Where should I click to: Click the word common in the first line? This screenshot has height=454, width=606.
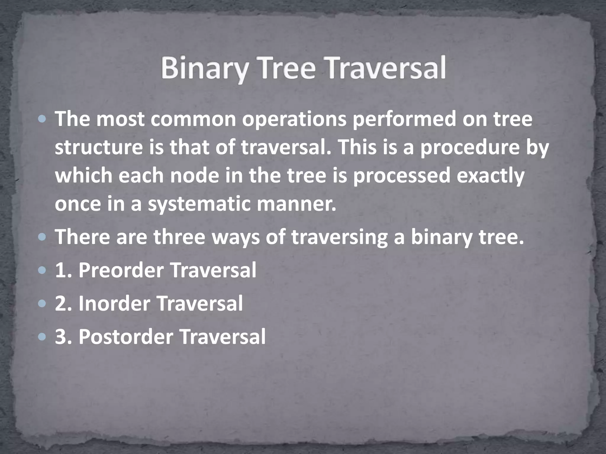pos(195,119)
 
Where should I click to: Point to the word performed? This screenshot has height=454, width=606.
pos(404,119)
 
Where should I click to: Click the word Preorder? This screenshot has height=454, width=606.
pos(121,270)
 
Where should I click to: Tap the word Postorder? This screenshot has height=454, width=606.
pos(126,337)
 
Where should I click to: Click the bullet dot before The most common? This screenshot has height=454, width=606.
pos(42,119)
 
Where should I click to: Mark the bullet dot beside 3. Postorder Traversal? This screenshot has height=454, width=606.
pos(42,337)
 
